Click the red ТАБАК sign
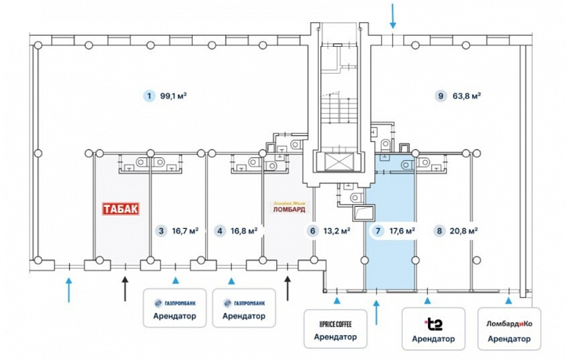point(121,208)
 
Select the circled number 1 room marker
point(147,96)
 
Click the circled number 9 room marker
point(440,96)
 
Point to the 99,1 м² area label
point(173,96)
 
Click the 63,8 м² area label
point(467,96)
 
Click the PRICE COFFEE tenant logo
point(335,323)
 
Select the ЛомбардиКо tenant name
point(509,323)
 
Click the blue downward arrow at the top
point(393,14)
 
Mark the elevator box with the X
point(335,161)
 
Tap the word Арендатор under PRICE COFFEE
point(335,337)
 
